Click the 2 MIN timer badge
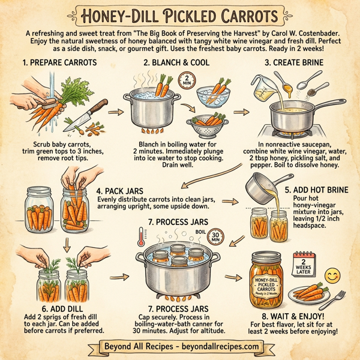pos(188,80)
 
